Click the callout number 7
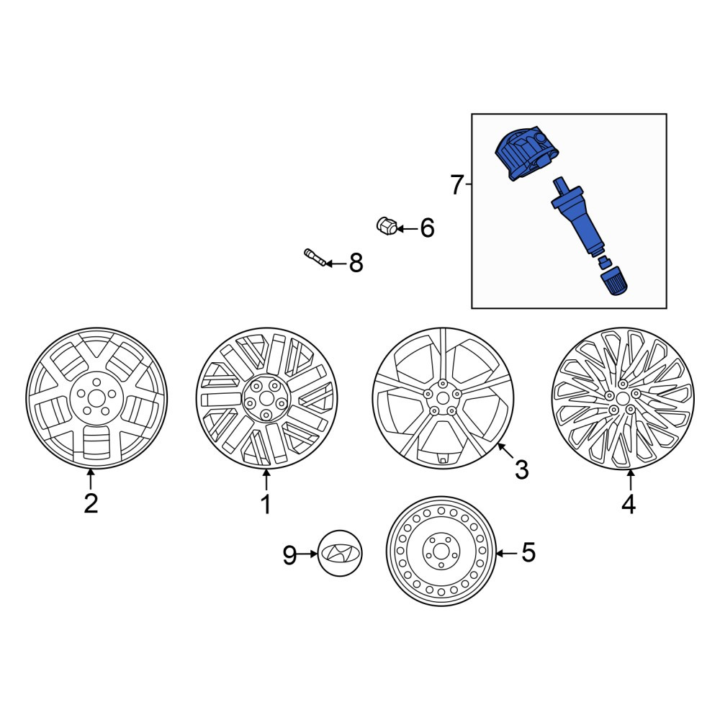[x=456, y=185]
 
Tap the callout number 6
[x=427, y=228]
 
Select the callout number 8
[x=356, y=263]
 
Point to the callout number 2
[x=91, y=504]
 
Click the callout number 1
[x=266, y=504]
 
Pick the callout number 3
[x=521, y=469]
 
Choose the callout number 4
[x=629, y=504]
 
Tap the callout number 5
[x=528, y=552]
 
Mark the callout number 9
[x=289, y=554]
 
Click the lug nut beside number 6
[x=386, y=225]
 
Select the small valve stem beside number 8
[x=315, y=257]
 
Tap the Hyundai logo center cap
[x=340, y=553]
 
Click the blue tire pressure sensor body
[x=527, y=153]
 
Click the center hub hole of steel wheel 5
[x=441, y=551]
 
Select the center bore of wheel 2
[x=96, y=398]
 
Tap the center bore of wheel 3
[x=443, y=397]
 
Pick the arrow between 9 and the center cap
[x=307, y=554]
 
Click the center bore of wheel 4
[x=623, y=398]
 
